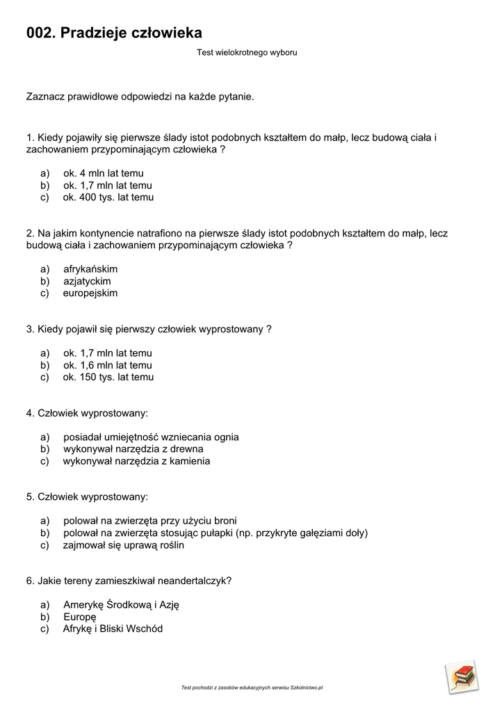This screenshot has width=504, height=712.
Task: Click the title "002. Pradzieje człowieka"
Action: tap(114, 33)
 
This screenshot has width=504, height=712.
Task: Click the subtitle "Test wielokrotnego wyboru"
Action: tap(247, 52)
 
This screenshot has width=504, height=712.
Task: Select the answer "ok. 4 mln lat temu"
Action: tap(104, 173)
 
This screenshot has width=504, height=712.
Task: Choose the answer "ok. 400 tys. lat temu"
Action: tap(108, 197)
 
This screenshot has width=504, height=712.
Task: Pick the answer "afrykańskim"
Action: tap(90, 269)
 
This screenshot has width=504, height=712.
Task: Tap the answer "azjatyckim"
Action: tap(87, 282)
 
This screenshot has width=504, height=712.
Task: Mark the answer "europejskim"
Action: tap(90, 293)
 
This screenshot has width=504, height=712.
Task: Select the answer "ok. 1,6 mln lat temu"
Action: tap(107, 366)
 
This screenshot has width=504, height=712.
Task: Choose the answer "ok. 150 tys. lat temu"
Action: tap(108, 378)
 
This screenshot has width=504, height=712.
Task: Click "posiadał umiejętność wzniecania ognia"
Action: tap(151, 437)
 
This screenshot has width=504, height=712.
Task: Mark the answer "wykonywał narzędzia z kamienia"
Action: tap(136, 461)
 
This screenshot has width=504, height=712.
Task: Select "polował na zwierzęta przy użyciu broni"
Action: tap(149, 521)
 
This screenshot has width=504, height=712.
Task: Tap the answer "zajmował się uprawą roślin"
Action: tap(124, 545)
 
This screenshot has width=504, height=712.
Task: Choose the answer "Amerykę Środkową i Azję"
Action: tap(121, 605)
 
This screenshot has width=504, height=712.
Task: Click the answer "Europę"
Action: tap(79, 617)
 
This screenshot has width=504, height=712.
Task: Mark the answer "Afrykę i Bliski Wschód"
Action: tap(113, 629)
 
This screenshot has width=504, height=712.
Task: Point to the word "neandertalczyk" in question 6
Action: tap(194, 581)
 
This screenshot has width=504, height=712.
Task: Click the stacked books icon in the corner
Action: tap(462, 677)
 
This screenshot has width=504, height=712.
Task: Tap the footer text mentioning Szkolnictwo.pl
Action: tap(252, 688)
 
